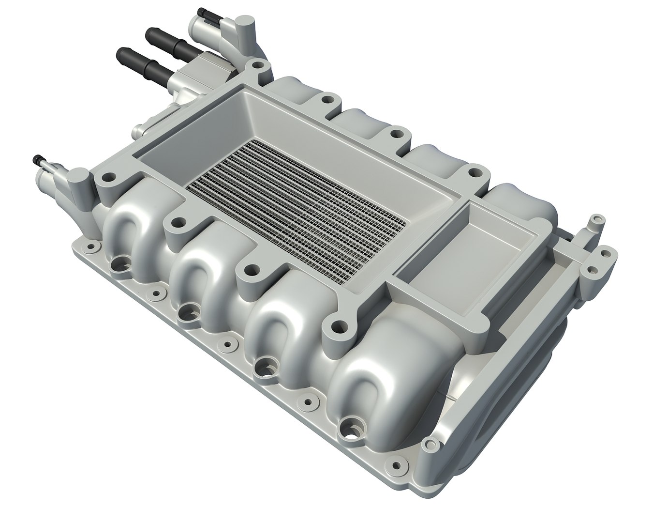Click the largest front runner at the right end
click(382, 358)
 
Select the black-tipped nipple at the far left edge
click(37, 159)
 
